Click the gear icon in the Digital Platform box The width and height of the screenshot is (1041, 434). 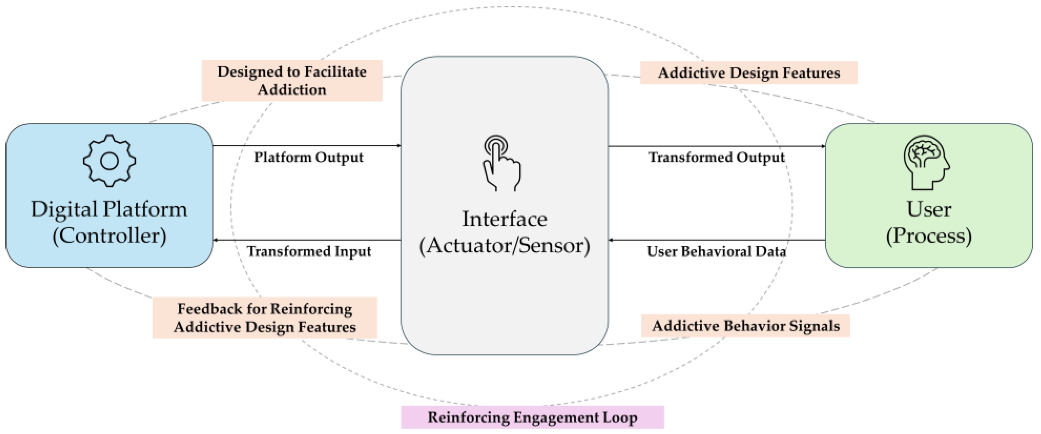pos(109,161)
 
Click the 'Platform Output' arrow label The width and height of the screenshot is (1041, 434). pos(308,157)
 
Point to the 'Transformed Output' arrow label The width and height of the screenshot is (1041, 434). pos(717,157)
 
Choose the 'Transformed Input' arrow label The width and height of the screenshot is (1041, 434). pos(309,251)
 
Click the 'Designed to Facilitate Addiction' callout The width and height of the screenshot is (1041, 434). pos(292,80)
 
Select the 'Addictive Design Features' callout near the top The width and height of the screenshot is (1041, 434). pos(748,73)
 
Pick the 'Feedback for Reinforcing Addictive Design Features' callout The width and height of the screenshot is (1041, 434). pos(265,317)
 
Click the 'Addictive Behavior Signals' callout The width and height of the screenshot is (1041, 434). pos(746,326)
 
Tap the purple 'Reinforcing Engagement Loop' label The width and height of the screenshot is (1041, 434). pos(532,417)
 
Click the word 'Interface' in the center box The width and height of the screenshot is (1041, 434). pos(504,219)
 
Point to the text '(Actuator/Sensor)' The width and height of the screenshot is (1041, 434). pos(504,246)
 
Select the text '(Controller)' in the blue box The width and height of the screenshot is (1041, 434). pos(109,236)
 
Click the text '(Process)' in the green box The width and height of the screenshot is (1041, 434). pos(929,236)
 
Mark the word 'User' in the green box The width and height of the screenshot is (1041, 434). pos(929,209)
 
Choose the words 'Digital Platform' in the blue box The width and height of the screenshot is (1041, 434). pos(109,209)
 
